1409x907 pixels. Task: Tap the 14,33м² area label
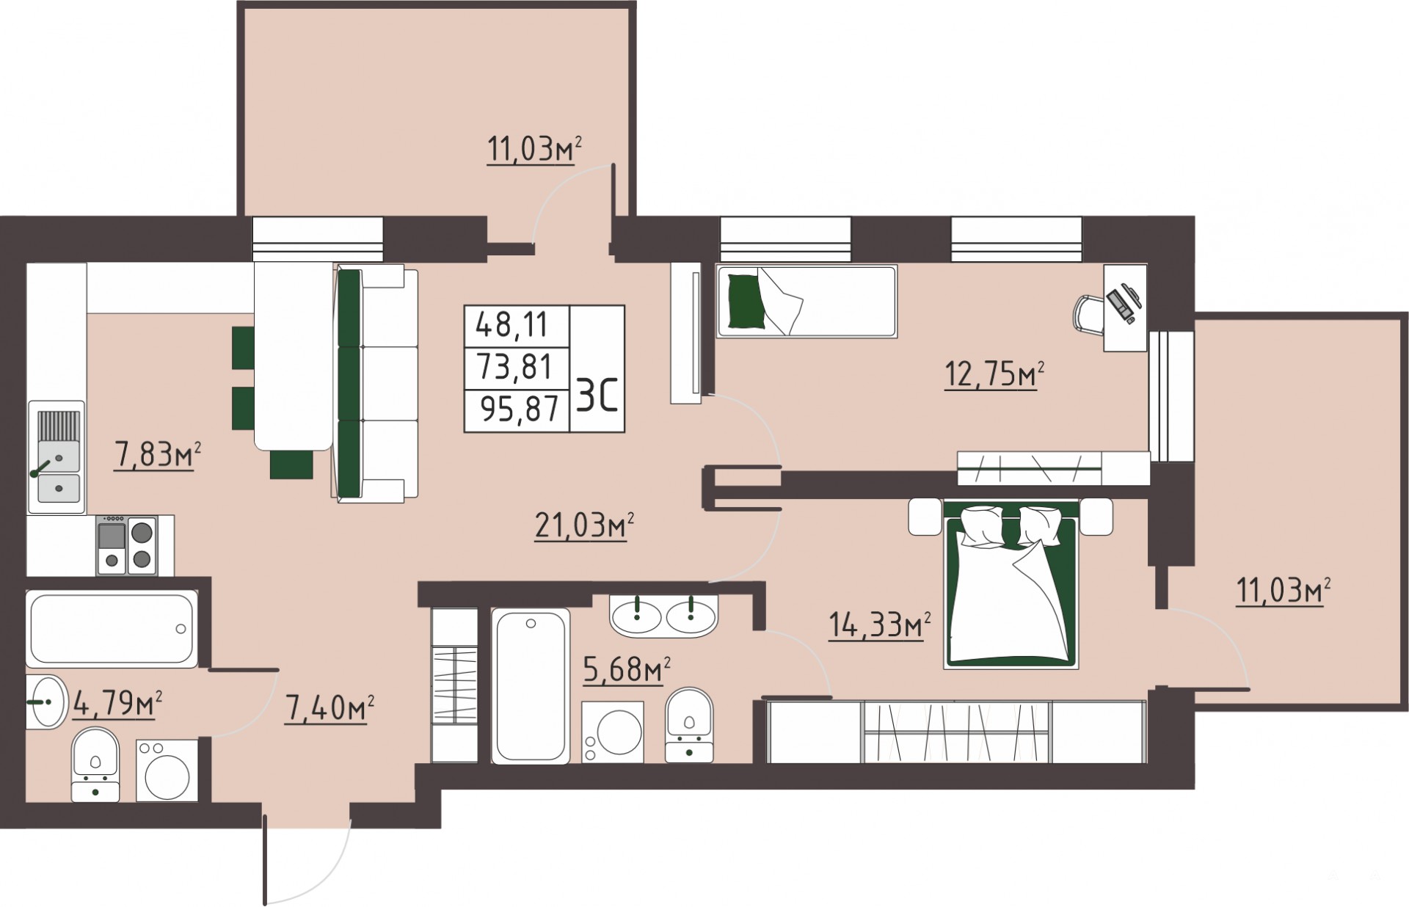pos(880,626)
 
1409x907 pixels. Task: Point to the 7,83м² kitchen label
pos(157,456)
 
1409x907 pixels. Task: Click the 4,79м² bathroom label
pos(117,704)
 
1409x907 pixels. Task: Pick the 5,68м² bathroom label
pos(627,669)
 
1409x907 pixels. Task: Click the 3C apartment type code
pos(597,399)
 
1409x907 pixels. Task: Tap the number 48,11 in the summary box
pos(512,324)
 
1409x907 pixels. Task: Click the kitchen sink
pos(57,456)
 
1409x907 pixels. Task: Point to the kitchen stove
pos(127,544)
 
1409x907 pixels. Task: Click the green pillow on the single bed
pos(746,301)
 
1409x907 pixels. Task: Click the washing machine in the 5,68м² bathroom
pos(613,732)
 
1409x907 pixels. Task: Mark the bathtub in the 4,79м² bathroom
pos(112,629)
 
